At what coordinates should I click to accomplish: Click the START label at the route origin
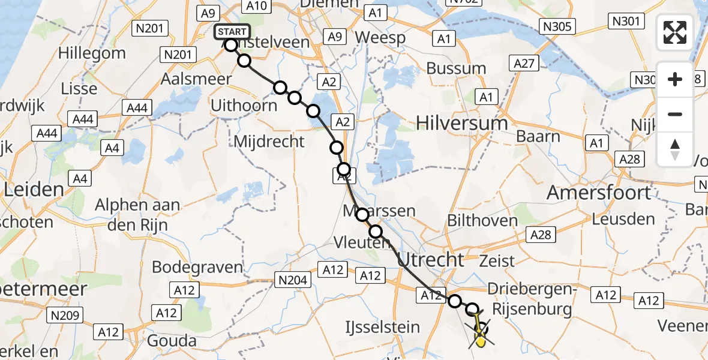click(231, 32)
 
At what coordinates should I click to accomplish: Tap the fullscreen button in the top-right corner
click(675, 32)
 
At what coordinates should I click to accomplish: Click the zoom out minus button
click(675, 114)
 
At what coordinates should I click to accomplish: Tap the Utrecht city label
click(431, 259)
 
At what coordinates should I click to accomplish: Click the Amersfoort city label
click(599, 193)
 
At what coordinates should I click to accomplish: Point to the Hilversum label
click(461, 124)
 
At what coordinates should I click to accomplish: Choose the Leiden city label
click(34, 190)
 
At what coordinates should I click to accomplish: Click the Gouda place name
click(175, 341)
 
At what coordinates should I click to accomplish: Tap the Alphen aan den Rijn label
click(137, 214)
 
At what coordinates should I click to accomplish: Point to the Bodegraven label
click(198, 267)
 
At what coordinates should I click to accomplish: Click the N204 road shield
click(292, 279)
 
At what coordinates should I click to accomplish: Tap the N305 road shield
click(557, 26)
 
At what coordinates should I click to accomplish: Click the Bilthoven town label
click(482, 220)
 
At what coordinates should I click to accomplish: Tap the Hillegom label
click(92, 53)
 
